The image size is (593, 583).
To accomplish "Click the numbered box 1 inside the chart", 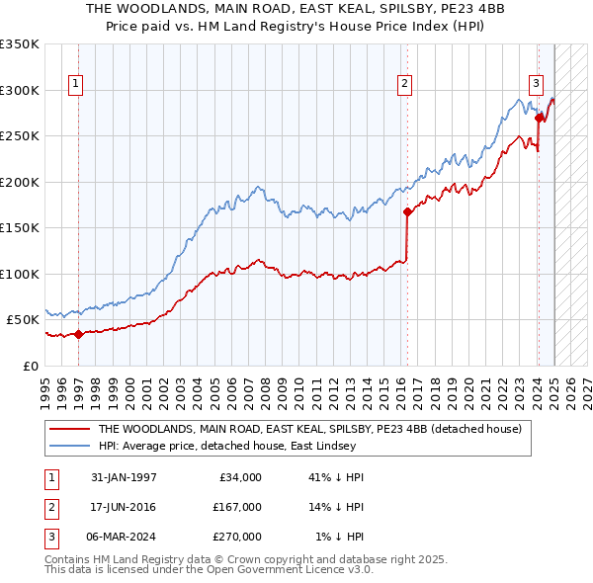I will (x=76, y=84).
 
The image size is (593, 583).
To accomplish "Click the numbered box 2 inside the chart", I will (x=405, y=84).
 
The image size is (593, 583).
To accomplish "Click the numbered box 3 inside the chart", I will (x=536, y=84).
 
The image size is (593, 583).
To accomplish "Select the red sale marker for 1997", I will (x=78, y=334).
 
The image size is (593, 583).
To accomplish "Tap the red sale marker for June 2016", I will (x=406, y=210).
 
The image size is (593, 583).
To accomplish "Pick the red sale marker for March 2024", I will (x=539, y=118).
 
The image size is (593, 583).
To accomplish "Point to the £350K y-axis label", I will (x=20, y=44).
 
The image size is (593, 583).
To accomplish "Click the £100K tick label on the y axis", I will (x=20, y=274).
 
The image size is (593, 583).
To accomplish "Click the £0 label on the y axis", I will (x=32, y=366).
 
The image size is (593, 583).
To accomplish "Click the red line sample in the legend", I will (x=69, y=429).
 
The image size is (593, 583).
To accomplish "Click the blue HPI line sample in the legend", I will (x=69, y=446).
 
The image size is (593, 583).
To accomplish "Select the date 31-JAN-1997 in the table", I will (x=124, y=477).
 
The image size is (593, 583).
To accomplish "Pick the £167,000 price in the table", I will (x=237, y=507).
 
